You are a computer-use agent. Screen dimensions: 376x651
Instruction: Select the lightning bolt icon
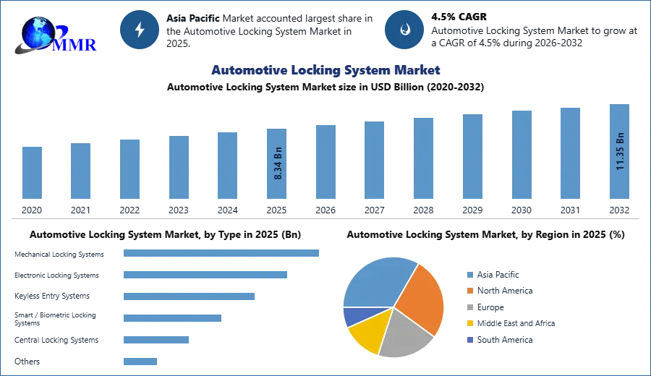click(x=140, y=30)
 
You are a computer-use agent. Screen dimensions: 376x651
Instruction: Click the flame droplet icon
click(x=405, y=30)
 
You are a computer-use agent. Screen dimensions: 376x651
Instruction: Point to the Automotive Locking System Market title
click(x=325, y=70)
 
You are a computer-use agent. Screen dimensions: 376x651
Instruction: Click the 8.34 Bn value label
click(x=278, y=165)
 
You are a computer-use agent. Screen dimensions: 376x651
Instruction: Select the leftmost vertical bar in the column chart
click(x=32, y=174)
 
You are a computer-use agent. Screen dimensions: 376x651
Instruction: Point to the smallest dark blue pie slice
click(x=352, y=316)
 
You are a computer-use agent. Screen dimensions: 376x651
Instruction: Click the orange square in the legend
click(x=469, y=291)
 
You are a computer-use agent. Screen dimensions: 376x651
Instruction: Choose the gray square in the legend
click(x=469, y=307)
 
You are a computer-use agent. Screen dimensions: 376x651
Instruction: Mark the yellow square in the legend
click(x=469, y=324)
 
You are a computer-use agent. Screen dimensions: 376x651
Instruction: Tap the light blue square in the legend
click(x=469, y=274)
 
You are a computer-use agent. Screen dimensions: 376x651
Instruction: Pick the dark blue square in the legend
click(x=469, y=341)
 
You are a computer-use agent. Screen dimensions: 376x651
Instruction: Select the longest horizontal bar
click(x=222, y=254)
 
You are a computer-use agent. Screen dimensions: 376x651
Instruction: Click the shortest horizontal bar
click(x=141, y=361)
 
